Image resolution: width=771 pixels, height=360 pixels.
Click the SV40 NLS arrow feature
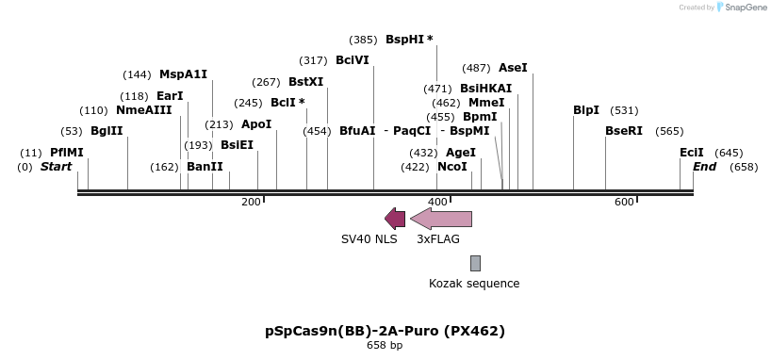[x=395, y=219]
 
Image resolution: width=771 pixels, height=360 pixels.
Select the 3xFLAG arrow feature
[x=441, y=219]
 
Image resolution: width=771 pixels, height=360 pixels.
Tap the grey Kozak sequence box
[x=476, y=263]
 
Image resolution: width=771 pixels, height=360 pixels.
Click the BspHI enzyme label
[x=409, y=40]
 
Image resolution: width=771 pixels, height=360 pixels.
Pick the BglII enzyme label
[x=107, y=131]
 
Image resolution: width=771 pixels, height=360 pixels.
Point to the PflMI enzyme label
[x=67, y=153]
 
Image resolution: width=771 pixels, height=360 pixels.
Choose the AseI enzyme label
[x=513, y=68]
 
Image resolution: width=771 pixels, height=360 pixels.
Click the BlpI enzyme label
[x=586, y=110]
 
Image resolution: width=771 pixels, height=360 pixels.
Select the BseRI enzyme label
[x=624, y=131]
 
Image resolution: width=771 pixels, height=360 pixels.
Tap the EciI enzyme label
[x=692, y=153]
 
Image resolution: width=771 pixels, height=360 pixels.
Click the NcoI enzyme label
[x=452, y=167]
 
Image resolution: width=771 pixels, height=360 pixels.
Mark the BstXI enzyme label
[x=305, y=82]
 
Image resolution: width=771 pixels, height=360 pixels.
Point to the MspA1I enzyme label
[x=183, y=74]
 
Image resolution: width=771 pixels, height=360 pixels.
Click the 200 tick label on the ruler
[x=251, y=202]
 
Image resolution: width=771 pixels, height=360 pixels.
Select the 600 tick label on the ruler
[x=624, y=202]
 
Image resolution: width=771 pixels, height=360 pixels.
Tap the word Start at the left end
[x=56, y=167]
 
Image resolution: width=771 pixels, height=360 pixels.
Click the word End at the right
[x=705, y=167]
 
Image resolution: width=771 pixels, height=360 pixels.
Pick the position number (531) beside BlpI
[x=624, y=110]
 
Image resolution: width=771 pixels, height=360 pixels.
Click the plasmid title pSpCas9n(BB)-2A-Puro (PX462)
[x=385, y=331]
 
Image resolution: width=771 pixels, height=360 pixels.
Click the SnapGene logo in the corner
[x=742, y=8]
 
